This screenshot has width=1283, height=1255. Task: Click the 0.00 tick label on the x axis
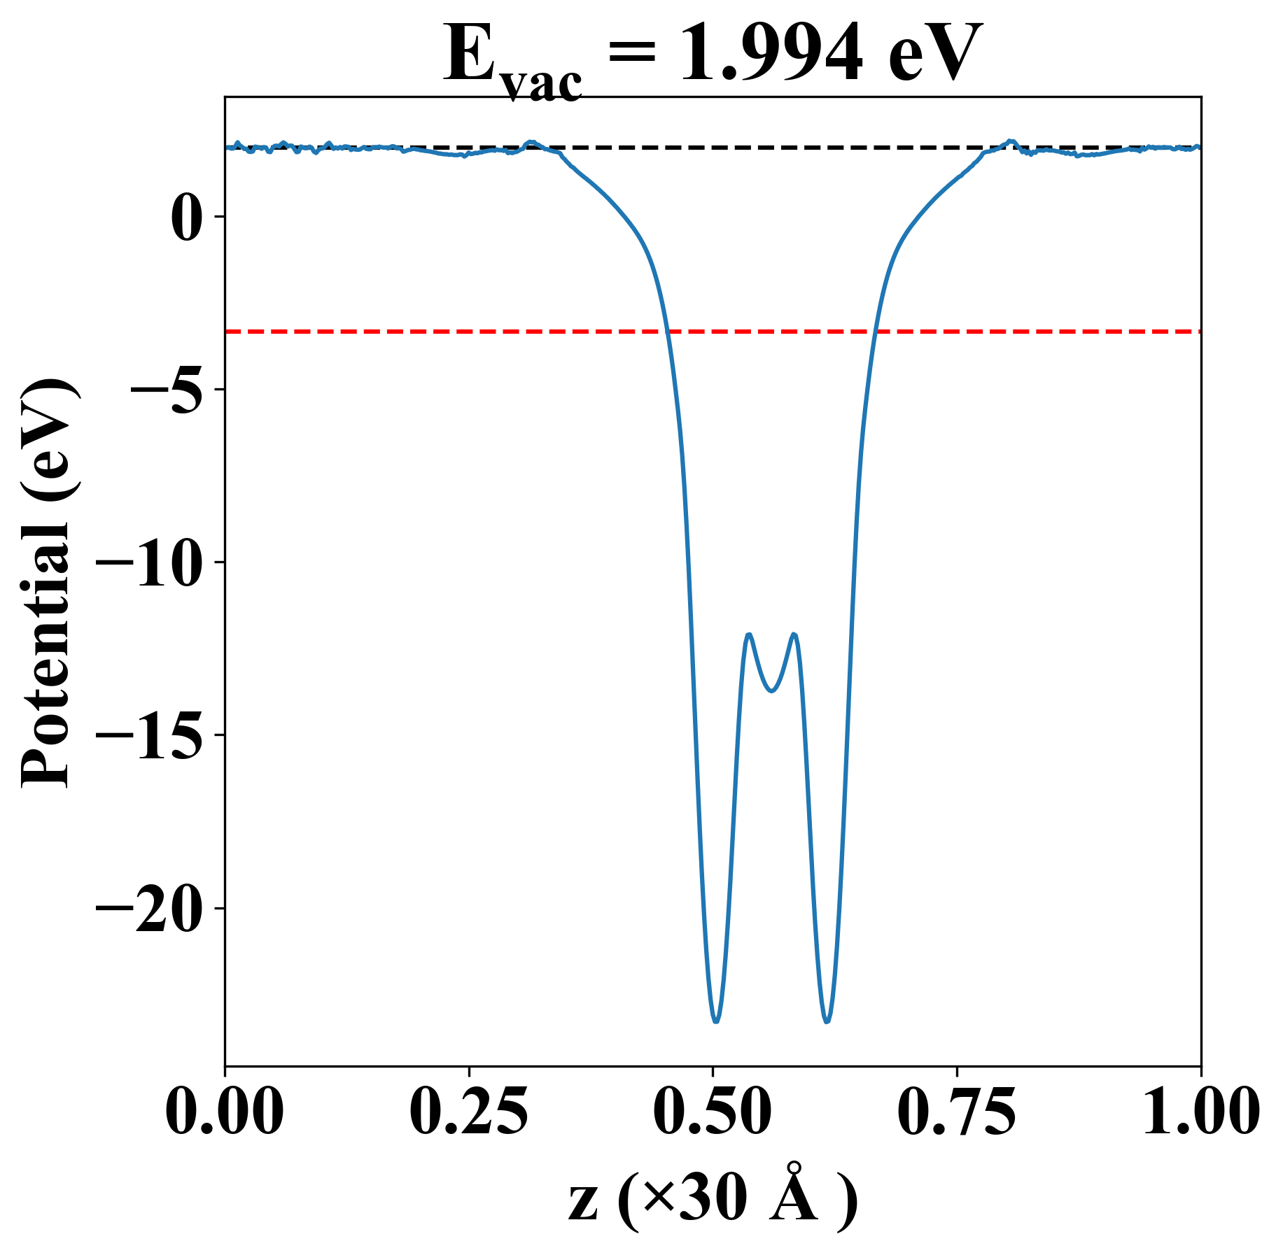tap(225, 1112)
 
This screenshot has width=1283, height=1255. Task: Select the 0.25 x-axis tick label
tap(468, 1112)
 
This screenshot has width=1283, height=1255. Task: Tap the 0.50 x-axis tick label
tap(713, 1112)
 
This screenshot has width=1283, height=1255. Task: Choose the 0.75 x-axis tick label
tap(956, 1112)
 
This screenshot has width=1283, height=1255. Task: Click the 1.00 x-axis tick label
tap(1200, 1112)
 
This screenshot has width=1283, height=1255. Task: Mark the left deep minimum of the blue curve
tap(716, 1021)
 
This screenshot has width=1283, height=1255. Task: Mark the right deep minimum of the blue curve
tap(827, 1021)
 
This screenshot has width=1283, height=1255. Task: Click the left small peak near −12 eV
tap(749, 634)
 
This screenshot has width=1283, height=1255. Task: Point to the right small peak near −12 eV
tap(794, 634)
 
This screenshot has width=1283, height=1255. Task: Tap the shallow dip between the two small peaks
tap(771, 691)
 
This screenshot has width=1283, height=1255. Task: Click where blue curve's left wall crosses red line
tap(668, 331)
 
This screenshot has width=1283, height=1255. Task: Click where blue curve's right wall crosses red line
tap(875, 331)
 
